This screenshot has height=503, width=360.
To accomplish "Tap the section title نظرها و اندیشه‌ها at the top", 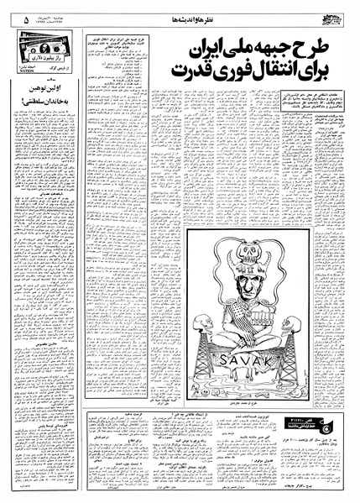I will pos(176,11).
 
